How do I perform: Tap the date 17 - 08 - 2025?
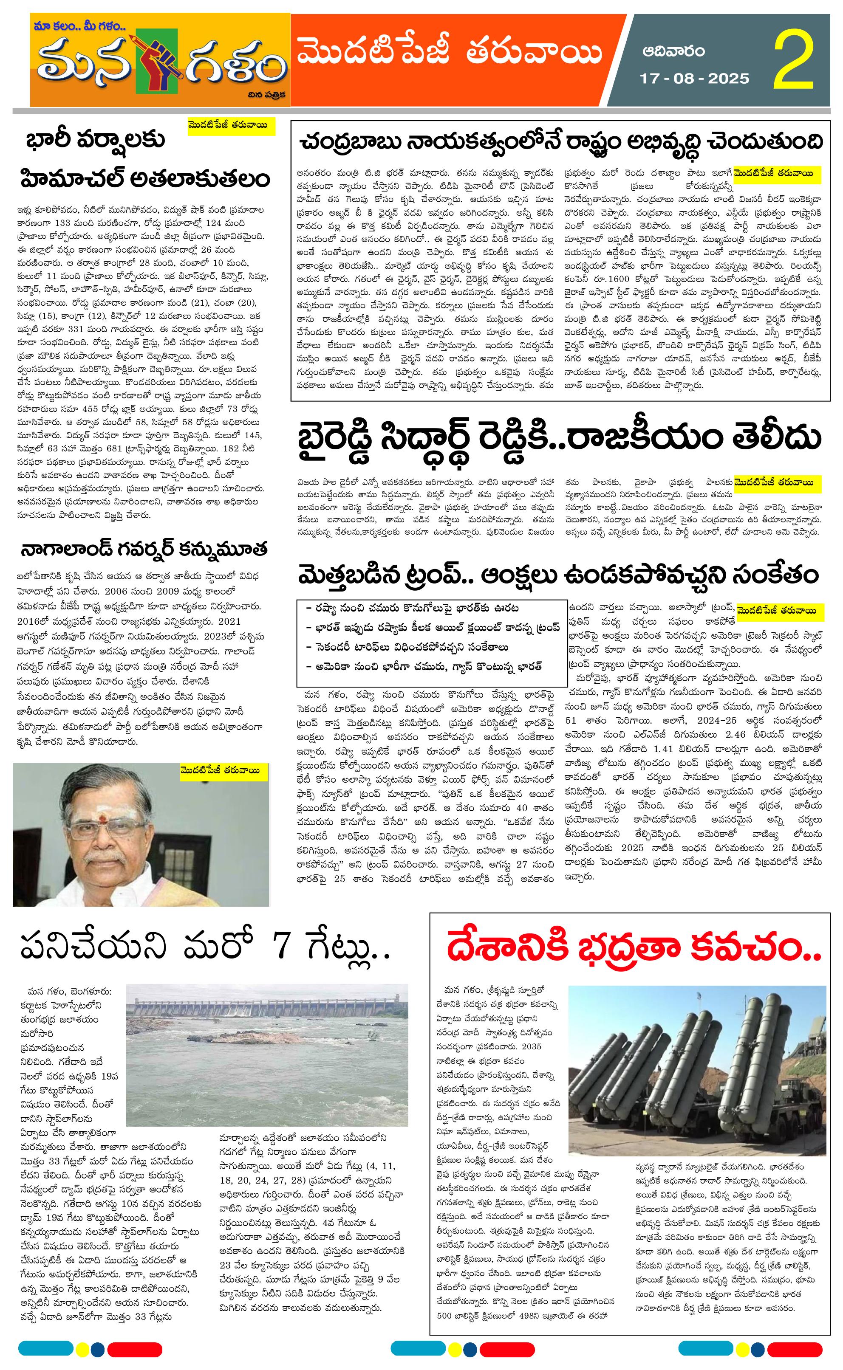coord(693,79)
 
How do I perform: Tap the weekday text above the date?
coord(673,52)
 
